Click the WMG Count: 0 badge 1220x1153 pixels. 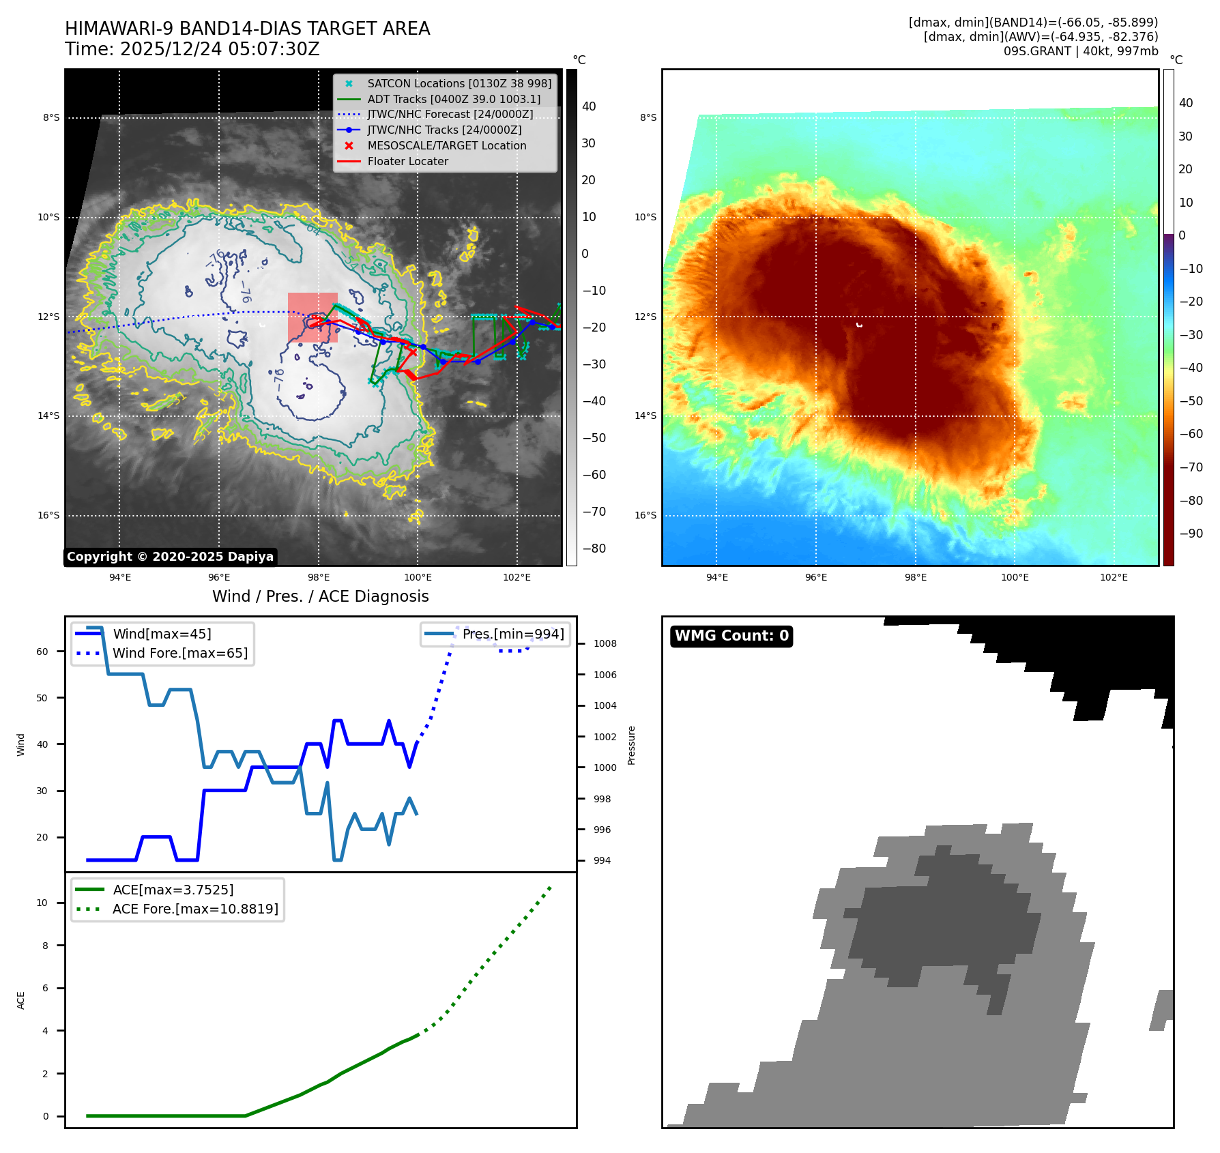(731, 636)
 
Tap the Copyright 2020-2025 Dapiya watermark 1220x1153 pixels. (170, 557)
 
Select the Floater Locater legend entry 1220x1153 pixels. (407, 162)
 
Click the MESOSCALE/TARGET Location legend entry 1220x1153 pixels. (446, 146)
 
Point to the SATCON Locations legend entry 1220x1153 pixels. (459, 84)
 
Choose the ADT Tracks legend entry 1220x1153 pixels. (453, 100)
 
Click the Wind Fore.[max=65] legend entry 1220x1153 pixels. (179, 654)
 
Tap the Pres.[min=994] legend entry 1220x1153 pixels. (512, 634)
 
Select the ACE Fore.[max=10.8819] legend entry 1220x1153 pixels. (195, 909)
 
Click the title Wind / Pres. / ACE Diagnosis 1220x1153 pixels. (320, 597)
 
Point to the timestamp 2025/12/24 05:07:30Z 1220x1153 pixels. (220, 50)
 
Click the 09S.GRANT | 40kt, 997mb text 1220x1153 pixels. (1080, 51)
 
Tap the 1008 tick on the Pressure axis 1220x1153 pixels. (605, 644)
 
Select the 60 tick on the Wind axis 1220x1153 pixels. (42, 652)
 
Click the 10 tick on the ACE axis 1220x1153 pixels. (42, 903)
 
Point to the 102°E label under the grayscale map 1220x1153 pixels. (517, 578)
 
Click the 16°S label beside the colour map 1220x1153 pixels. (645, 516)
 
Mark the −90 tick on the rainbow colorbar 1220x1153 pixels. (1191, 534)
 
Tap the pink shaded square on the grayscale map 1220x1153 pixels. (313, 318)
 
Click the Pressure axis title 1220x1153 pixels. (632, 745)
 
